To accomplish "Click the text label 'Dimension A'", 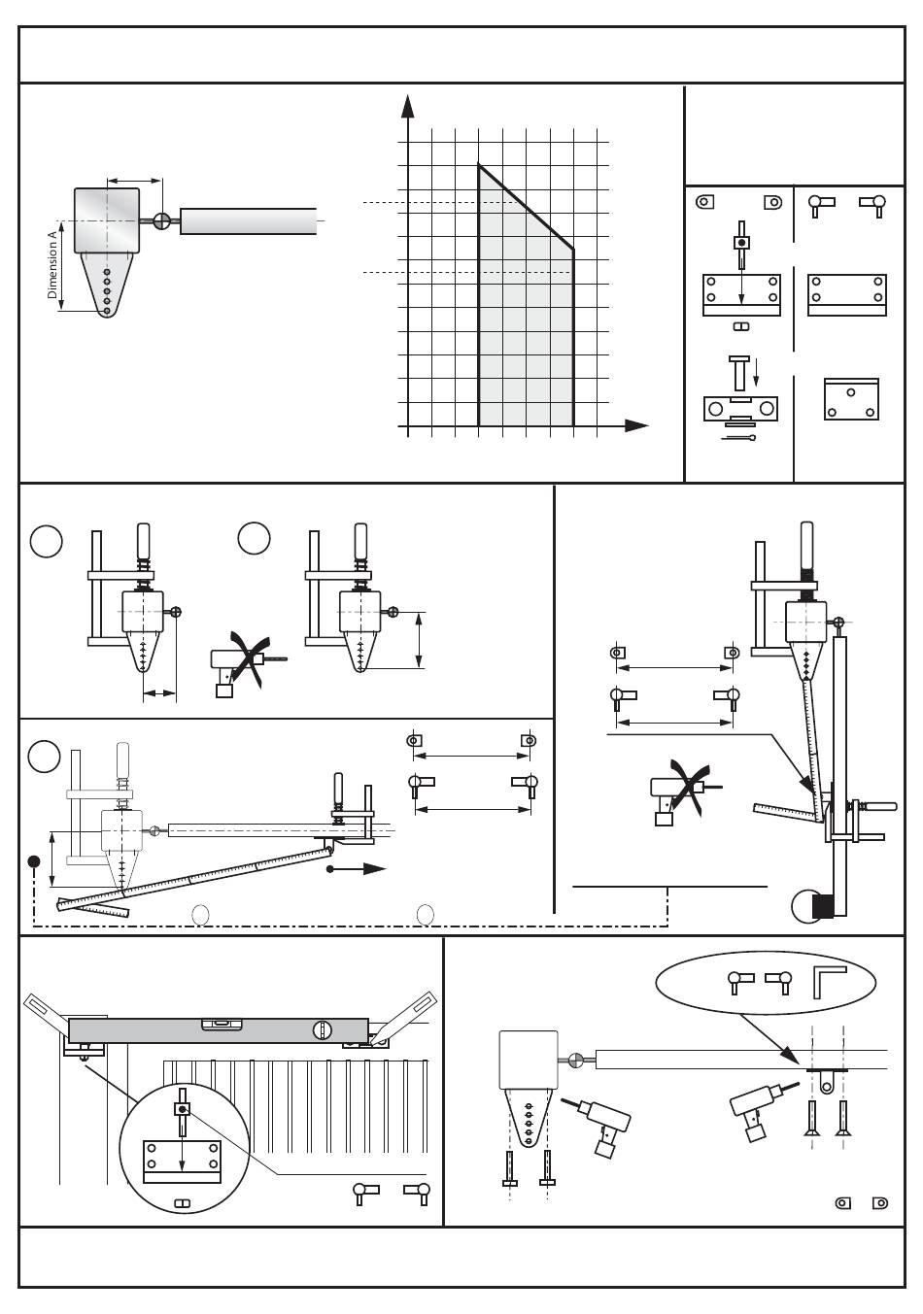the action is (52, 264).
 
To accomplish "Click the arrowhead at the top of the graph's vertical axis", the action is (407, 106).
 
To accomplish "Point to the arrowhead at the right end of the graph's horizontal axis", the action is (636, 426).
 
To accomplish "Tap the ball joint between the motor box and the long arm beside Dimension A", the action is (161, 221).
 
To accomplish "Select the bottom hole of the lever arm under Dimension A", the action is (107, 311).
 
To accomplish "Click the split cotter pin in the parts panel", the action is (738, 438).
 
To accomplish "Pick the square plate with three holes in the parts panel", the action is (851, 399).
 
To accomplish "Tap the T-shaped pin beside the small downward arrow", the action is (739, 373).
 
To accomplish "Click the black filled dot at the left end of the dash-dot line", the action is (34, 861).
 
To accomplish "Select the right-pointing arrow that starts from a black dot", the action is (357, 869).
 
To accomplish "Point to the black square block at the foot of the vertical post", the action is (822, 907).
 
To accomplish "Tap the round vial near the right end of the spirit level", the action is (321, 1029).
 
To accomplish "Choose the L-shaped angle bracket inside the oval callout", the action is (829, 983).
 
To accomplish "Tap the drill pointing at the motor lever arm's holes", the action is (598, 1119).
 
